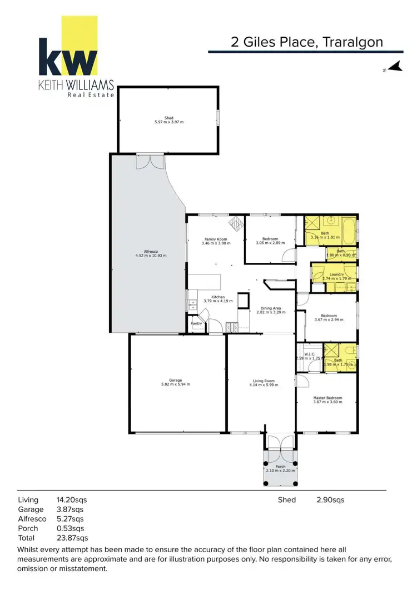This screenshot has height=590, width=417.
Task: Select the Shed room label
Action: pos(168,118)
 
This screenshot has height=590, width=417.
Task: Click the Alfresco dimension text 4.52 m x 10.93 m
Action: pos(151,256)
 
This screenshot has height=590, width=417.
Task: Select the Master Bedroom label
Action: pos(327,398)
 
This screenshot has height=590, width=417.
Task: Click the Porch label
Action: pos(280,466)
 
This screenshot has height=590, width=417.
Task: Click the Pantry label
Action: pos(196,323)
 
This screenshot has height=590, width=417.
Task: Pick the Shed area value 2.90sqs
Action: pos(330,500)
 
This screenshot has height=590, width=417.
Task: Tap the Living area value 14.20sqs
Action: pos(72,500)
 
